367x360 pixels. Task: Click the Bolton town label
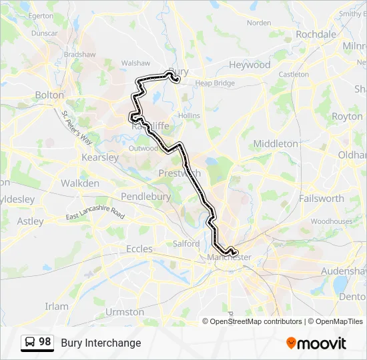pos(49,95)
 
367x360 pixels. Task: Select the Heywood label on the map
pos(250,65)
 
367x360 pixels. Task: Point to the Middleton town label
pos(276,143)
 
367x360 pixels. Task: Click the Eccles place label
pos(139,249)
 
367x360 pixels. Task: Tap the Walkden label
pos(80,183)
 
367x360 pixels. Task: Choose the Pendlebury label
pos(145,197)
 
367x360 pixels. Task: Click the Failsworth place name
pos(322,198)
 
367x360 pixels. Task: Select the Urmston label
pos(125,311)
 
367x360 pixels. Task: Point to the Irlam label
pos(57,306)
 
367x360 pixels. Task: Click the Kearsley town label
pos(99,157)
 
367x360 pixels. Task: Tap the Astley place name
pos(31,221)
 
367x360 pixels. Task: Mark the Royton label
pos(347,116)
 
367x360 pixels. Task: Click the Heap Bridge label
pos(215,83)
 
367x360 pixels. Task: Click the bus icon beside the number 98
pos(29,343)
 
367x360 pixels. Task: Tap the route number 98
pos(45,342)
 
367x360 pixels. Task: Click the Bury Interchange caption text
pos(101,343)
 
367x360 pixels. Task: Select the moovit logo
pos(316,343)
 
